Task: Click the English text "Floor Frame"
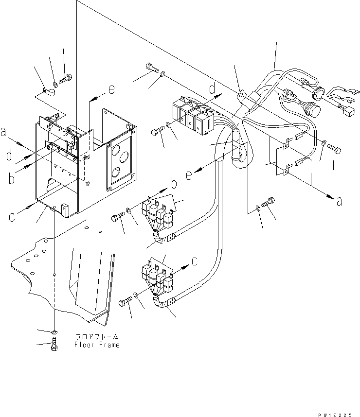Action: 96,345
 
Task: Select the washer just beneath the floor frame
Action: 54,332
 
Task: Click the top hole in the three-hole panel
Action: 115,149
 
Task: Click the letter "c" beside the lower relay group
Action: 194,261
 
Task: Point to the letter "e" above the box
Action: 111,89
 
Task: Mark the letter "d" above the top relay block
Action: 212,88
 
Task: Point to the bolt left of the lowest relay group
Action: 124,303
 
